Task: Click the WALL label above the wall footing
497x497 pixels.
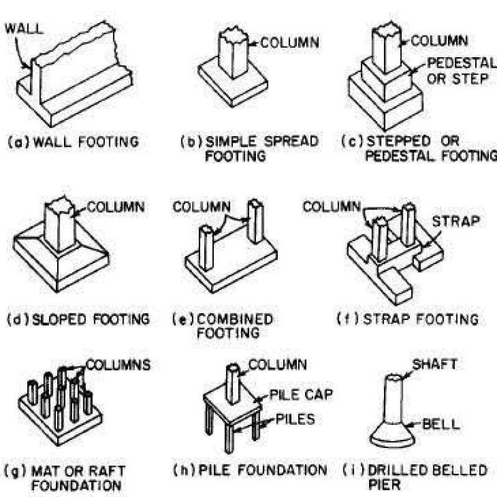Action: (24, 29)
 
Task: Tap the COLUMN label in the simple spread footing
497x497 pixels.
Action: (290, 42)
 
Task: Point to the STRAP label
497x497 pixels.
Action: (456, 221)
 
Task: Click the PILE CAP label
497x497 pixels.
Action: (301, 394)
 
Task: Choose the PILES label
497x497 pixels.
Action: (296, 419)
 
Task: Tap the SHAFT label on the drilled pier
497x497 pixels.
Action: (434, 364)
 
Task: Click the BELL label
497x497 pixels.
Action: (441, 424)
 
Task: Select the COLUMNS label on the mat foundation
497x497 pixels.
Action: (118, 365)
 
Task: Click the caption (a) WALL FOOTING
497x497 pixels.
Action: (73, 142)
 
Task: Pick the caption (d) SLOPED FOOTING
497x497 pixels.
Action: (78, 319)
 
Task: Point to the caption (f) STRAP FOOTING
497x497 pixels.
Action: (408, 319)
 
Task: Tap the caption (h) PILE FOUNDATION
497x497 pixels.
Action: (250, 470)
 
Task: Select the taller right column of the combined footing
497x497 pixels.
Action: (255, 221)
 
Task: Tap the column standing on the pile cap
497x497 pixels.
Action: (233, 384)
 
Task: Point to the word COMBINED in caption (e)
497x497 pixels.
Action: (235, 319)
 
